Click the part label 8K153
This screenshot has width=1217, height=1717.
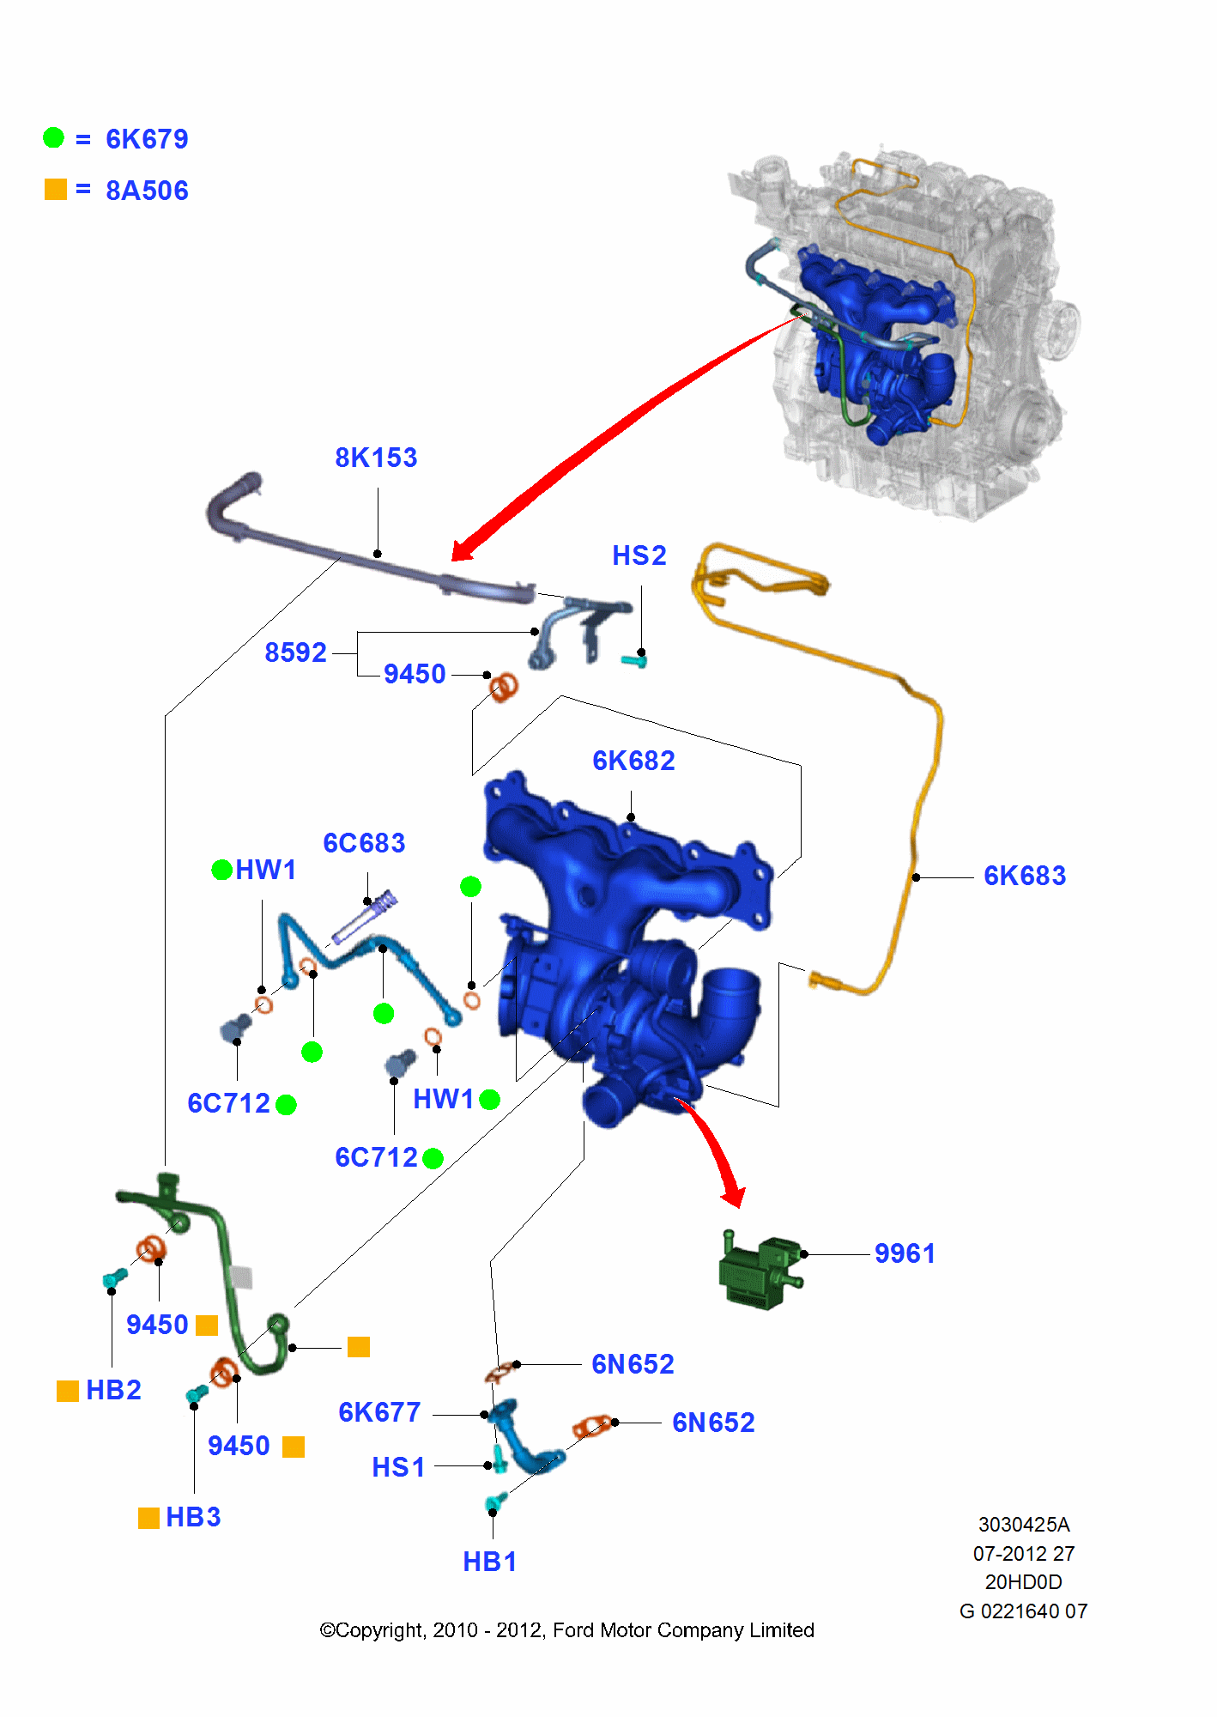click(376, 458)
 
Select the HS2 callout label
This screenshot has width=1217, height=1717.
click(639, 555)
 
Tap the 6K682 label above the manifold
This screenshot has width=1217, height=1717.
click(633, 761)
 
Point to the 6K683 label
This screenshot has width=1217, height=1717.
click(1025, 876)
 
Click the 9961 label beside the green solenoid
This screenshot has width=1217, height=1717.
click(905, 1253)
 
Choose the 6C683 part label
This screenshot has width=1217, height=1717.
click(364, 843)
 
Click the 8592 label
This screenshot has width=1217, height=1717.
click(295, 652)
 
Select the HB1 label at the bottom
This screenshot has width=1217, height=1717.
click(489, 1562)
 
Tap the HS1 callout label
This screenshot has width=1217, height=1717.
click(398, 1467)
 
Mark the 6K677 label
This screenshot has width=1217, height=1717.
click(379, 1412)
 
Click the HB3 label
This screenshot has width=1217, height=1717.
click(193, 1517)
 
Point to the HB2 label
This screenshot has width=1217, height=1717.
click(113, 1390)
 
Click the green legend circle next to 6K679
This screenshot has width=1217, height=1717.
click(54, 137)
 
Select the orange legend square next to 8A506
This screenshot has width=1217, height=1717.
click(56, 190)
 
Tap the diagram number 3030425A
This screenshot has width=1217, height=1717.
click(1024, 1525)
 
